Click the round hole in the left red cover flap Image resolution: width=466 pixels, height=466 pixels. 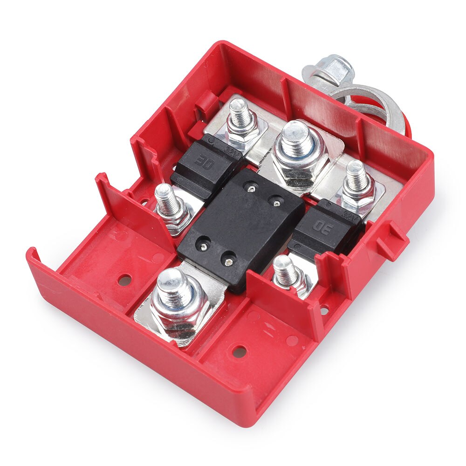coord(124,281)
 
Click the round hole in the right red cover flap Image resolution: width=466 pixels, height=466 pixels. coord(239,350)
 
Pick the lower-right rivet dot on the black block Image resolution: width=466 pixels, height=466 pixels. coord(228,261)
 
